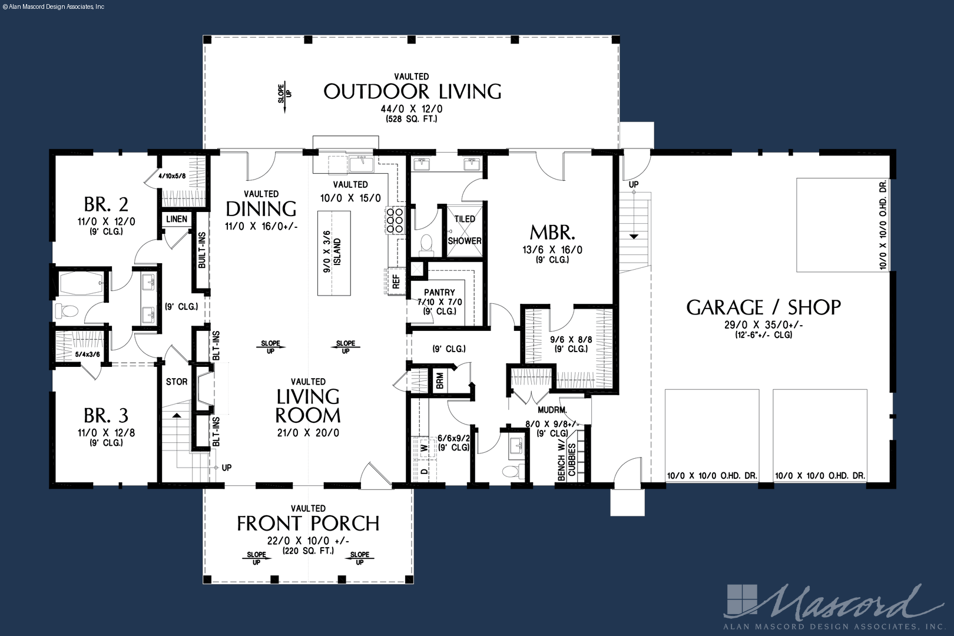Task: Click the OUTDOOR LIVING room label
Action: (x=412, y=92)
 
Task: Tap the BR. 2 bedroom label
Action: (x=106, y=204)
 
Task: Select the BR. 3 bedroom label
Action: (x=106, y=415)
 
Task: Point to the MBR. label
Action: (x=552, y=233)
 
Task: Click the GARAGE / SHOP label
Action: (x=764, y=307)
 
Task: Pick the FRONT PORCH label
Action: (x=308, y=524)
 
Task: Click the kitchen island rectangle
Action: (x=334, y=253)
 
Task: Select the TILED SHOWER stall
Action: (x=464, y=231)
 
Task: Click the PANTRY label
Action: (x=439, y=292)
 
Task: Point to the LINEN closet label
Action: (x=177, y=219)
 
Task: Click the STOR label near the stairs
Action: (x=177, y=382)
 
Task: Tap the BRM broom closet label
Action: (x=440, y=380)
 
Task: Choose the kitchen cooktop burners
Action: (x=395, y=220)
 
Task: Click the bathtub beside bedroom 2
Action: (x=81, y=283)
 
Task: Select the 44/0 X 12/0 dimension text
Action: (x=412, y=110)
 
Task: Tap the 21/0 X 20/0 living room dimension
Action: (x=308, y=433)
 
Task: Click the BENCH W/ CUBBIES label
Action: (x=567, y=462)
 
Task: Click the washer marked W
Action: (x=424, y=448)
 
